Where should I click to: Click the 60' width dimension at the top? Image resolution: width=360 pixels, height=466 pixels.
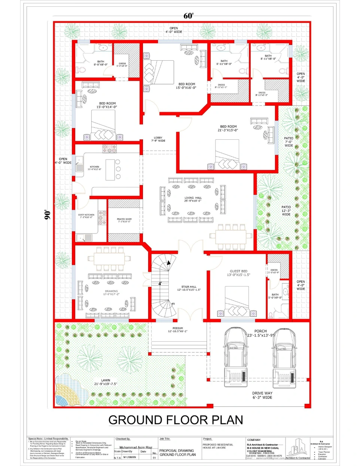pyautogui.click(x=188, y=16)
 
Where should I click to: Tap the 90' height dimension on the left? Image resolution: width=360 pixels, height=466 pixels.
pyautogui.click(x=48, y=214)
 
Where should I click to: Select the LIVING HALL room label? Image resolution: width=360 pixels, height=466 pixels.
pyautogui.click(x=193, y=199)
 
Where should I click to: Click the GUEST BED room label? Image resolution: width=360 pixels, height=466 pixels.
pyautogui.click(x=238, y=273)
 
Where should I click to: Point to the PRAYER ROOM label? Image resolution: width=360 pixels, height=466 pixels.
pyautogui.click(x=124, y=220)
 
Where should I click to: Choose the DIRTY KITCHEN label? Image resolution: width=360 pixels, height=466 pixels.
pyautogui.click(x=86, y=216)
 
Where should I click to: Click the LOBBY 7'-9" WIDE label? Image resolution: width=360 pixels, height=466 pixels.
pyautogui.click(x=158, y=139)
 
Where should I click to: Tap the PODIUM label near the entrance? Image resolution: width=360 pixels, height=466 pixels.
pyautogui.click(x=178, y=330)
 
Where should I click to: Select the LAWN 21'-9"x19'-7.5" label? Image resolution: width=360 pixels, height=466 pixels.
pyautogui.click(x=106, y=382)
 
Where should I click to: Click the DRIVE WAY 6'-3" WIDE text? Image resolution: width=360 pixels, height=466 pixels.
pyautogui.click(x=262, y=395)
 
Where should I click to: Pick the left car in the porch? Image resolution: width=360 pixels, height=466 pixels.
pyautogui.click(x=236, y=356)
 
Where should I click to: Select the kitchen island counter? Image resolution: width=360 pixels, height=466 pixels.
pyautogui.click(x=110, y=170)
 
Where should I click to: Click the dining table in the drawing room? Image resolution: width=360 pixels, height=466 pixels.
pyautogui.click(x=109, y=258)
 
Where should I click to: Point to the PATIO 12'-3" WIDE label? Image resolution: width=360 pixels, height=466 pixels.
pyautogui.click(x=286, y=211)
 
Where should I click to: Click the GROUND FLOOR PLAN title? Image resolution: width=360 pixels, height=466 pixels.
pyautogui.click(x=176, y=420)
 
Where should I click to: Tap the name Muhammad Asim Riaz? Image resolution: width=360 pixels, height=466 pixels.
pyautogui.click(x=135, y=447)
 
